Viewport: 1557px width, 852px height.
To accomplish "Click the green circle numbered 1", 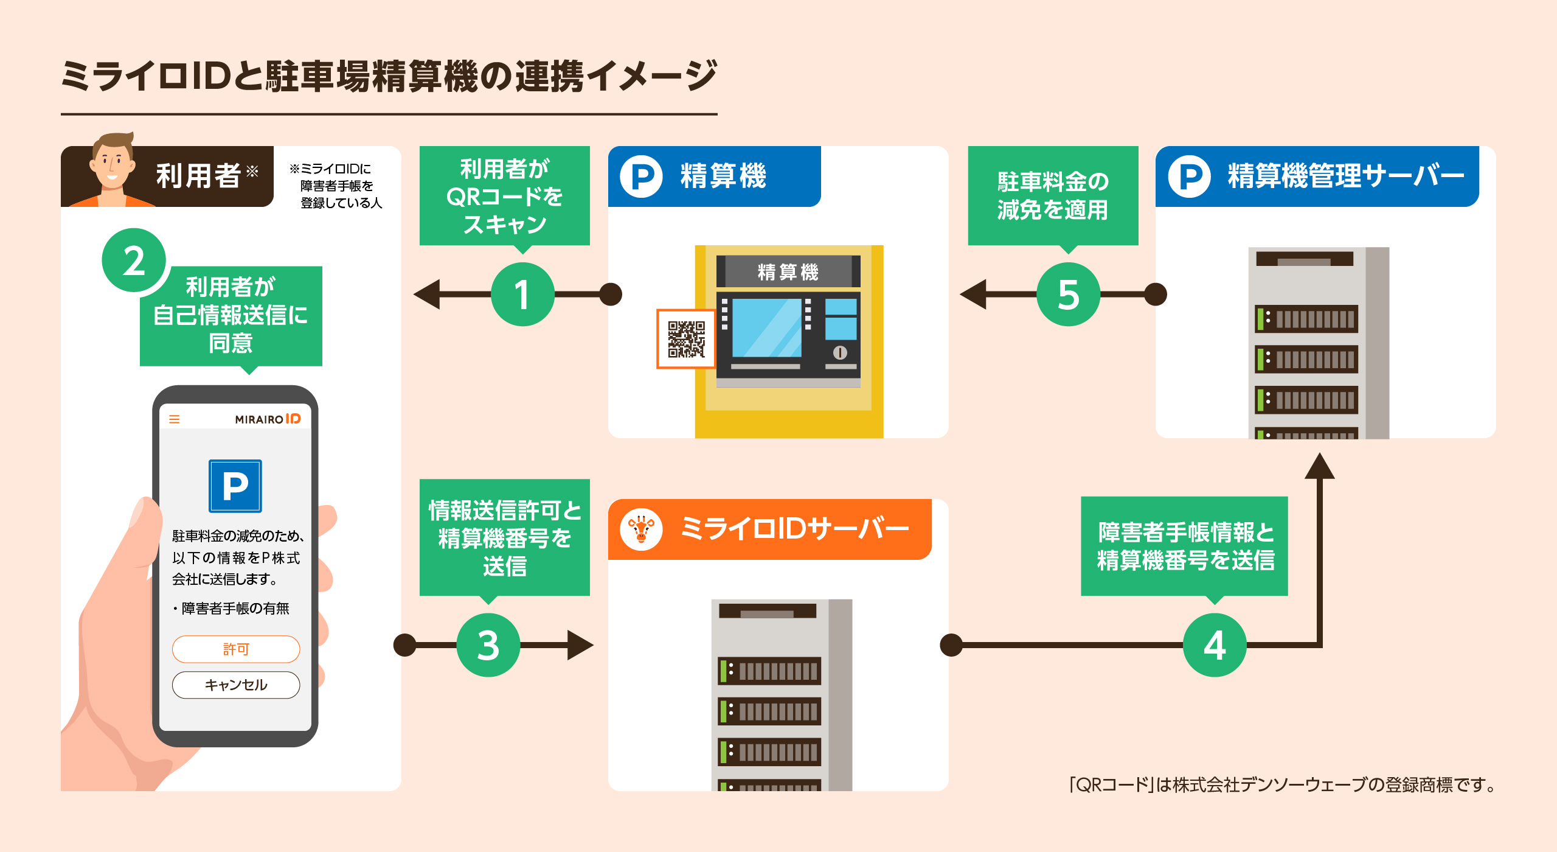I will click(522, 295).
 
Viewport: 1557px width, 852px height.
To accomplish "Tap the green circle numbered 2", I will click(134, 260).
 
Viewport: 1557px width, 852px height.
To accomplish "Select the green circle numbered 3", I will click(488, 645).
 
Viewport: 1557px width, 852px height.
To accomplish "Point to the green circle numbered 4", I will click(1215, 645).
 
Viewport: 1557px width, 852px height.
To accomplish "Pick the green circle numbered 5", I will click(1068, 295).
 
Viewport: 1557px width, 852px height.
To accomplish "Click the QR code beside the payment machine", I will click(686, 339).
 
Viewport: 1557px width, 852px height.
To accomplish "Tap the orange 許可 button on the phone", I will click(236, 649).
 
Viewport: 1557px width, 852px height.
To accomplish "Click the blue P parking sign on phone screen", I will click(235, 486).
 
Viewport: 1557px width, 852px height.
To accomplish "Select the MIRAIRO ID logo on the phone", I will click(268, 419).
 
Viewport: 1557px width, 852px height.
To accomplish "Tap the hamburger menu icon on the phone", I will click(175, 419).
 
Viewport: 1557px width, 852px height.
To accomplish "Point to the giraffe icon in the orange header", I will click(641, 529).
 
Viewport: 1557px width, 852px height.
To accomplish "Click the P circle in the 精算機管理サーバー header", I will click(1189, 176).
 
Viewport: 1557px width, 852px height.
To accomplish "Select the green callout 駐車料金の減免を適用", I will click(1053, 196).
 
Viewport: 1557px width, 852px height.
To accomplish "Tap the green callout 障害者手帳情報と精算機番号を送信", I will click(1185, 546).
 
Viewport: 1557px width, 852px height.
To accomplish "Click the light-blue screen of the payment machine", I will click(766, 327).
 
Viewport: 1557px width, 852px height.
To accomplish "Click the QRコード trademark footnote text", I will click(1282, 784).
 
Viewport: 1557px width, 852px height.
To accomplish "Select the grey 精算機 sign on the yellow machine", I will click(788, 271).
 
